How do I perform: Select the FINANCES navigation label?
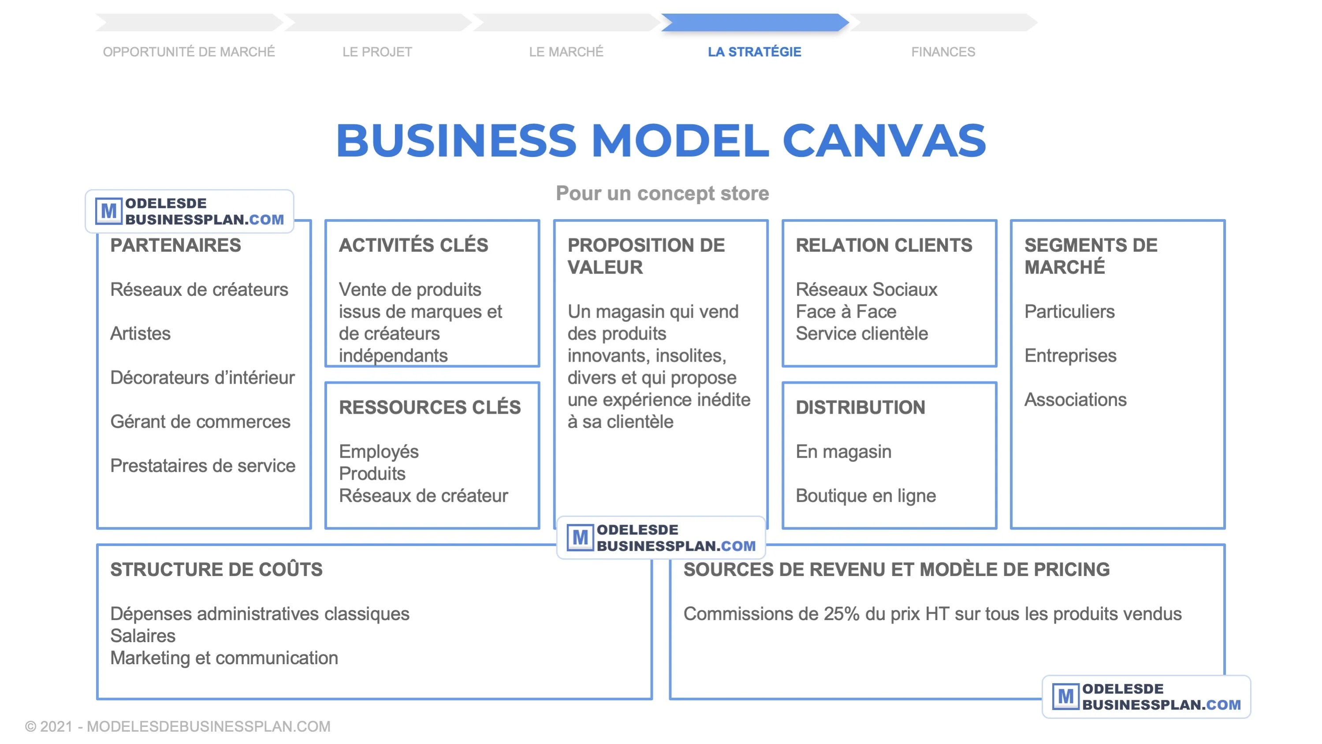pos(943,52)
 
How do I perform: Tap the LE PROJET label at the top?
pos(377,52)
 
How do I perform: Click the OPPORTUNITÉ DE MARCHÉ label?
pos(189,52)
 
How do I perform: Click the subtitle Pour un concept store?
pos(662,194)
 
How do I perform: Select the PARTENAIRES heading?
pos(175,246)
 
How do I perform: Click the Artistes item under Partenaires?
pos(140,334)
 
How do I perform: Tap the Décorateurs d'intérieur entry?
pos(202,378)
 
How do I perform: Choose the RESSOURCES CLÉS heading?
pos(429,408)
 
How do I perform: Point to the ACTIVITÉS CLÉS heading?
pos(413,246)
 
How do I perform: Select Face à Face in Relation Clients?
pos(846,312)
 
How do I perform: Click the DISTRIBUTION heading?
pos(860,408)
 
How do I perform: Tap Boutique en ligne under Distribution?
pos(866,496)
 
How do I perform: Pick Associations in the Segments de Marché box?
pos(1075,400)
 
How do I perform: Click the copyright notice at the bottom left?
pos(178,726)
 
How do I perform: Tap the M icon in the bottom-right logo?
pos(1065,697)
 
